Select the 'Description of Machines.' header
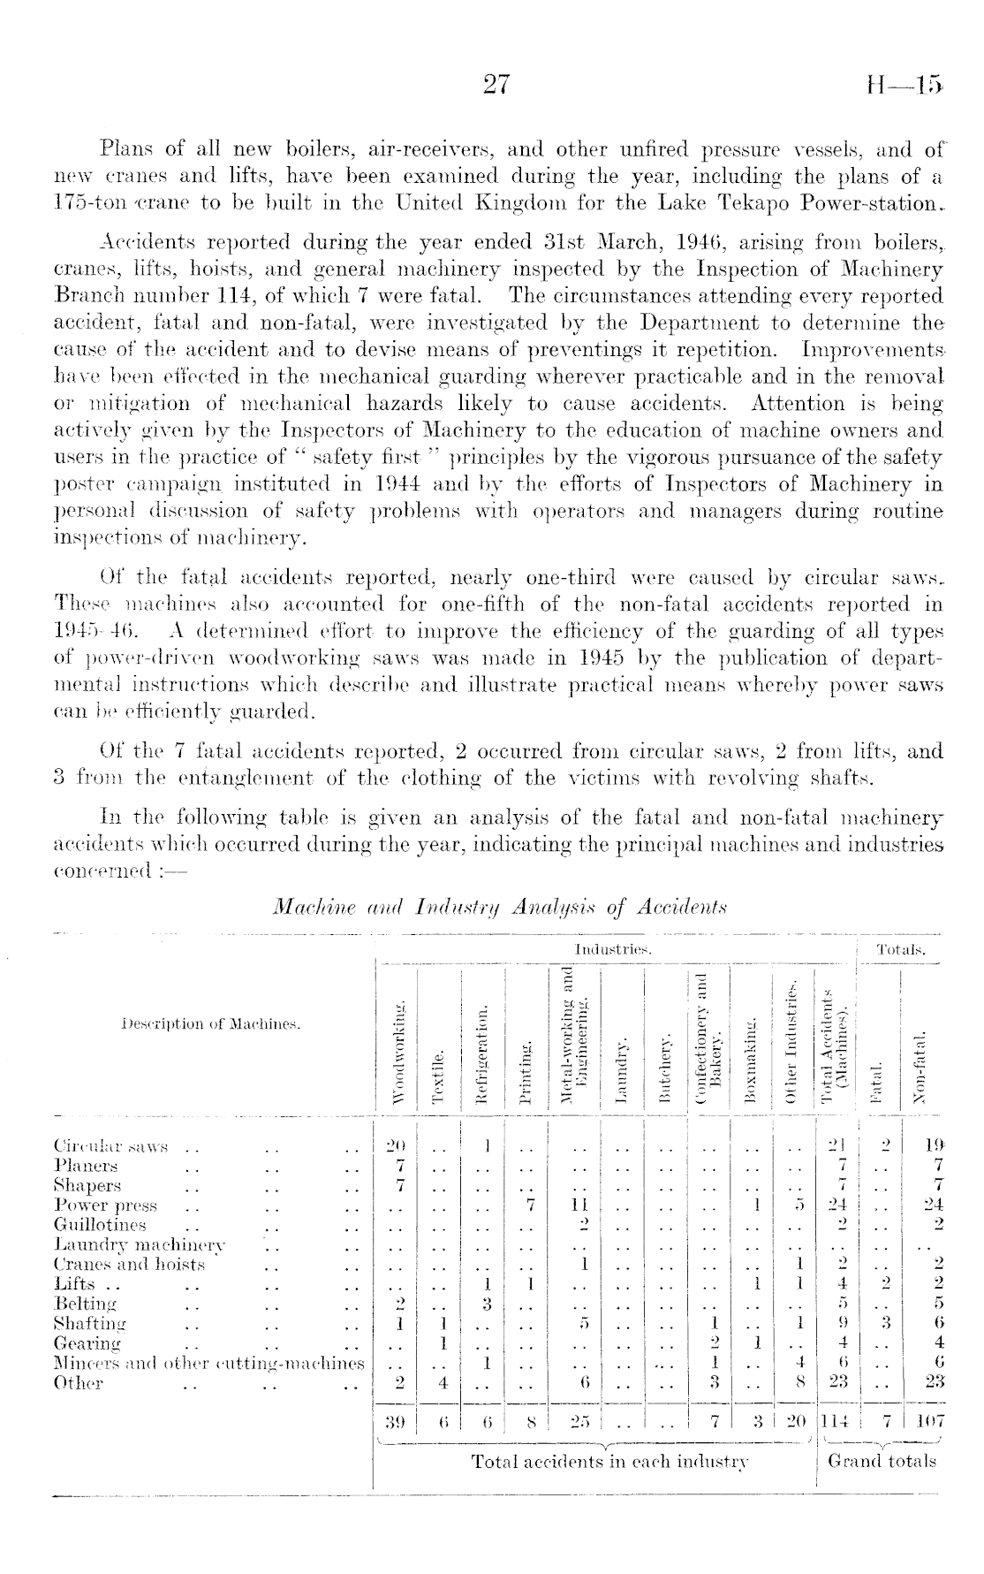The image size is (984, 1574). [210, 1024]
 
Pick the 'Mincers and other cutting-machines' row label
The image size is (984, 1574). [209, 1363]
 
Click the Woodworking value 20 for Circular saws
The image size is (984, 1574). [397, 1148]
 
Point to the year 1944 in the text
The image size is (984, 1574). [400, 484]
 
